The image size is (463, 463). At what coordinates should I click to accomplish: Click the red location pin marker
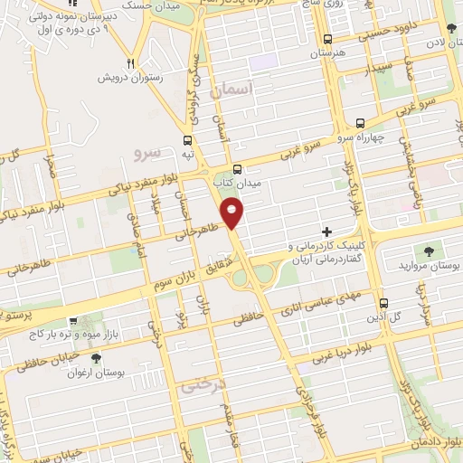232,213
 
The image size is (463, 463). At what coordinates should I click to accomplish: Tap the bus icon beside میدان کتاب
237,169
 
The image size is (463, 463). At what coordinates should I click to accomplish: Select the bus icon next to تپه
187,140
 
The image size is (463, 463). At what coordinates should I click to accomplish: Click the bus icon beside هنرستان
327,39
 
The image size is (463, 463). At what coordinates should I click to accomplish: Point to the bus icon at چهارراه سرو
361,122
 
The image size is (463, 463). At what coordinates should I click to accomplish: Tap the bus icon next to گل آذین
383,303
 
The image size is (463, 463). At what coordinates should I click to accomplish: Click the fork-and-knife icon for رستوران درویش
131,63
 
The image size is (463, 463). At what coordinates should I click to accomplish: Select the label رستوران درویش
136,79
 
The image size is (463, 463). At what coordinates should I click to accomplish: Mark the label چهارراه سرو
352,138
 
